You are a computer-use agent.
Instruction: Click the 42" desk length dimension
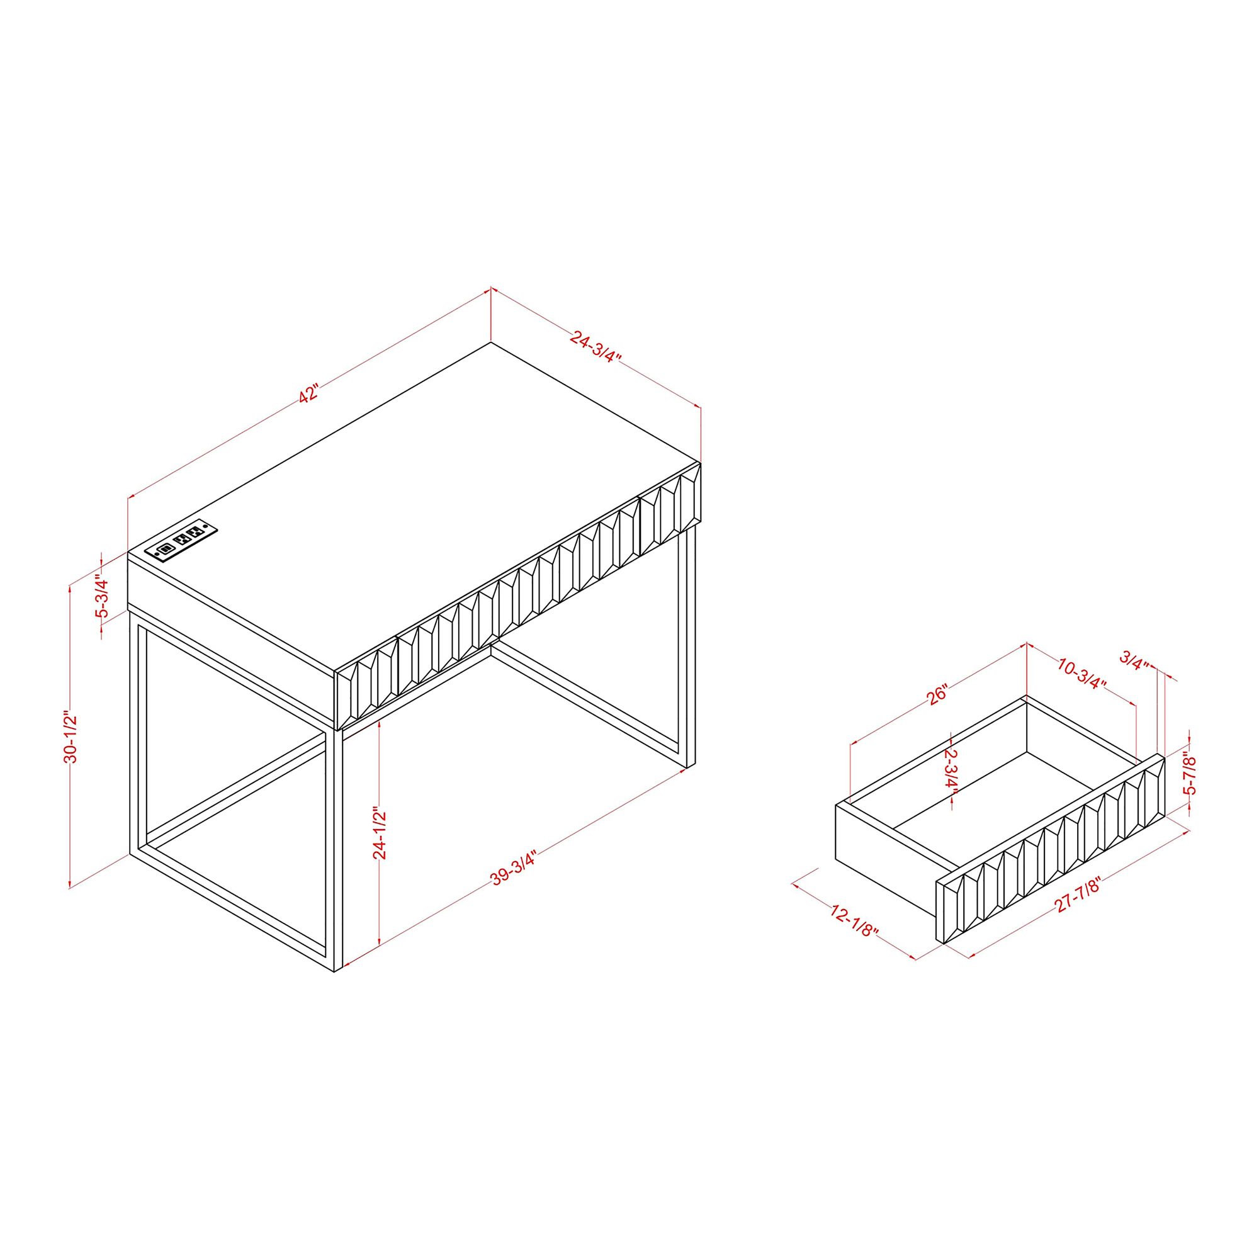[309, 394]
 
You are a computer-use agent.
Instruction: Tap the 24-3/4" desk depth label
[596, 347]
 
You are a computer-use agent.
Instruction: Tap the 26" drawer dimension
[937, 696]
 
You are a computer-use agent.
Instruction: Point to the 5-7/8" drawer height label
[1190, 774]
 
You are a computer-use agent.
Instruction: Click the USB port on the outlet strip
[165, 550]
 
